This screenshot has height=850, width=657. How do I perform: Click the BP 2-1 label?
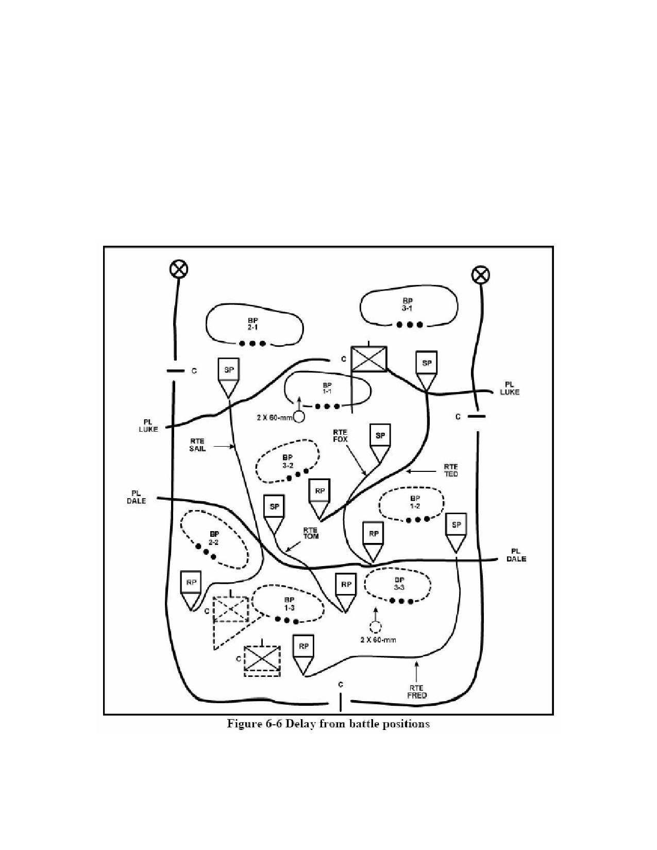253,324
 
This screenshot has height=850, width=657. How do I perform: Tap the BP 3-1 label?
408,304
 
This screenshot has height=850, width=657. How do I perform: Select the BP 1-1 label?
327,388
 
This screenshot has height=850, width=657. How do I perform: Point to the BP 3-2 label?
288,461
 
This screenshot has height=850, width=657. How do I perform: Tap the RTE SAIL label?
197,445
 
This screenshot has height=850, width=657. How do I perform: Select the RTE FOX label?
340,435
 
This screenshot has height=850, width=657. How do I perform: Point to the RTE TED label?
451,470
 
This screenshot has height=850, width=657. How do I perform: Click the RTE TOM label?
311,533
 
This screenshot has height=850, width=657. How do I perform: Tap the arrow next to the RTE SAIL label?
225,446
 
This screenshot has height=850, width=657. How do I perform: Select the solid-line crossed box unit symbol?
369,359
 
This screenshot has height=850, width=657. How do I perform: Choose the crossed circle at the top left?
179,269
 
